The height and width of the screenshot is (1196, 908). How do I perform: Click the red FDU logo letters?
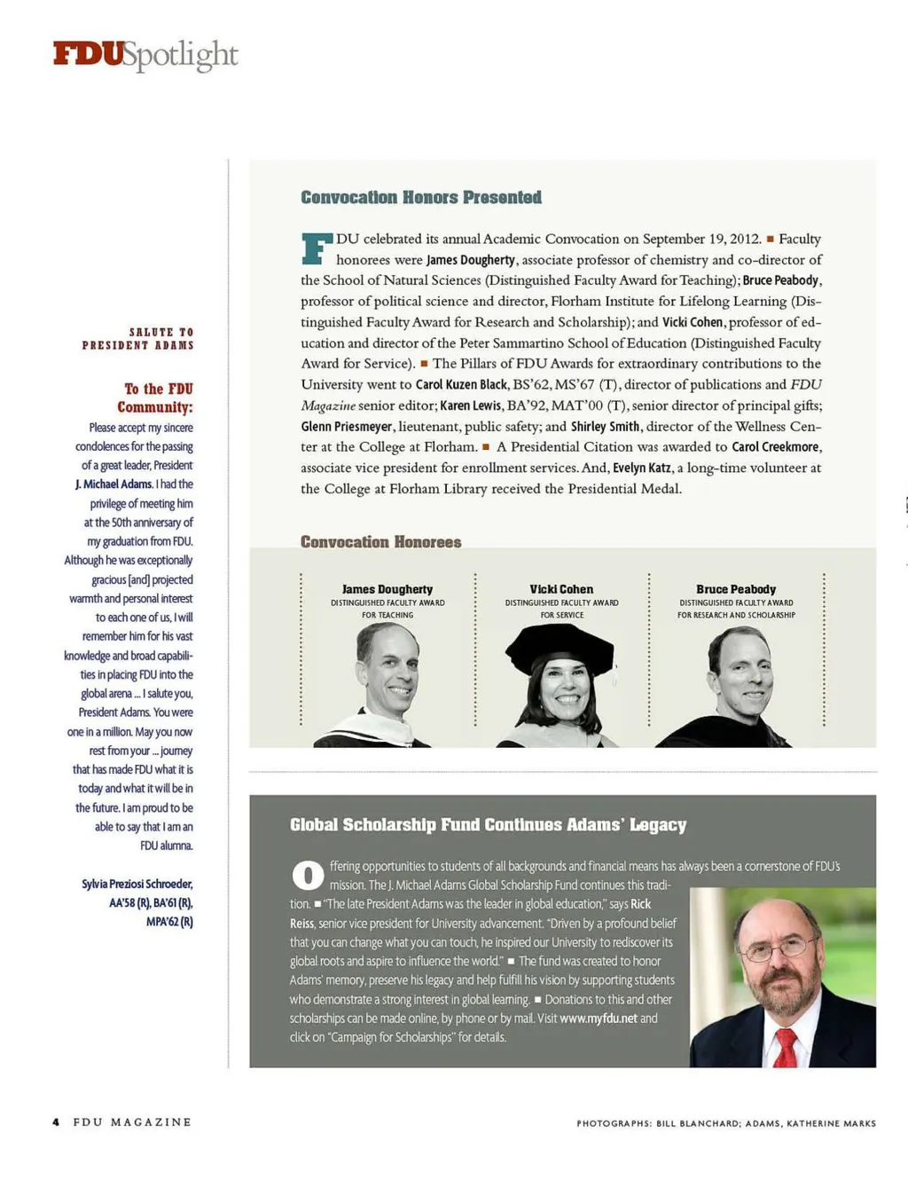tap(88, 54)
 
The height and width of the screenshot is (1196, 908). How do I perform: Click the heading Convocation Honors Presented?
tap(421, 198)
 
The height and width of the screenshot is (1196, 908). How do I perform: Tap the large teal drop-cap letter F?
tap(316, 248)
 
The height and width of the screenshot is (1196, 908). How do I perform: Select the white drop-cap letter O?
tap(307, 876)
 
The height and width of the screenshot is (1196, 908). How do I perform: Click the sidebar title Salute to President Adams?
tap(137, 339)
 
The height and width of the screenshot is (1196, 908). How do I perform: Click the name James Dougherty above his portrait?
tap(387, 589)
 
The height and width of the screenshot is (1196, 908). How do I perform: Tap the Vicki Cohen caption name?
tap(561, 589)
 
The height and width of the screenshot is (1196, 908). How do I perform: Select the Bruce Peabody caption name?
tap(736, 589)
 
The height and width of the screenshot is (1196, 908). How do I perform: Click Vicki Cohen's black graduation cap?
tap(559, 646)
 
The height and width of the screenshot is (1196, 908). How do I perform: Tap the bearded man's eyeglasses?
tap(778, 950)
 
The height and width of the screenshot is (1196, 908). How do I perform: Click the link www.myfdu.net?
tap(599, 1019)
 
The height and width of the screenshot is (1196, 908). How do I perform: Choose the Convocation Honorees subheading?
tap(380, 542)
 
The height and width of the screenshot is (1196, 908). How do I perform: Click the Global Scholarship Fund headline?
tap(488, 825)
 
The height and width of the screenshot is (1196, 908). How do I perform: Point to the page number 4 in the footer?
tap(56, 1122)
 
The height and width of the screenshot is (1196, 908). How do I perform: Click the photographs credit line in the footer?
tap(725, 1123)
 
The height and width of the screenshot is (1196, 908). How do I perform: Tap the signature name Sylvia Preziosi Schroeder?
tap(137, 884)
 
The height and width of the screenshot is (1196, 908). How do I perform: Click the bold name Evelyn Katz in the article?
tap(641, 468)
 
